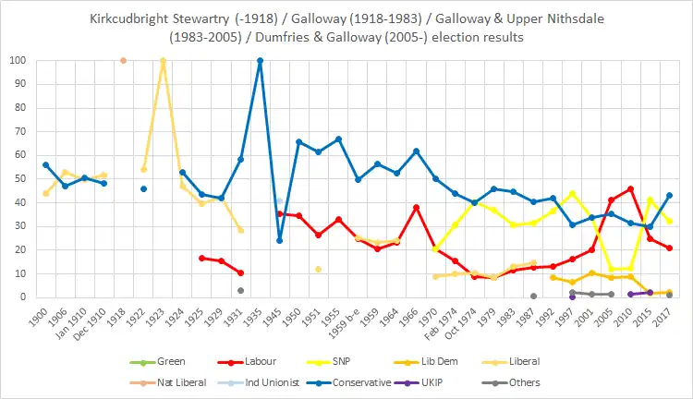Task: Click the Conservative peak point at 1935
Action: [260, 61]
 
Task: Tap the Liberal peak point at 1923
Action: [163, 61]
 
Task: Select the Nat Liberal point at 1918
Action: [123, 61]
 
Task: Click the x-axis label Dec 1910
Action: [95, 322]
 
